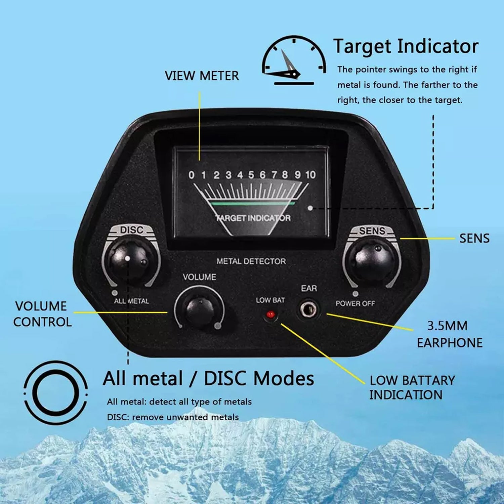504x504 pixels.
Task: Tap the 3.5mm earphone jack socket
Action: (x=308, y=310)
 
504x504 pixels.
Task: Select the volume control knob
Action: (x=200, y=308)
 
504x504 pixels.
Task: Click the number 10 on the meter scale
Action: (x=310, y=175)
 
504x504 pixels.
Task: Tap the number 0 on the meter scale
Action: (x=191, y=175)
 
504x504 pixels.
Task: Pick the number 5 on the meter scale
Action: (x=251, y=175)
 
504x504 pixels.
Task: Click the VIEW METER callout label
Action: (x=202, y=76)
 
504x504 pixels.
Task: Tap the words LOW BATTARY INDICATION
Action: (x=412, y=387)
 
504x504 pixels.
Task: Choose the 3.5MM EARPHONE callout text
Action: (x=450, y=334)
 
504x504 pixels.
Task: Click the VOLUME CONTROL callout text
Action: (x=42, y=314)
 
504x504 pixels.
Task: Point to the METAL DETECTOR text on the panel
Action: (x=251, y=261)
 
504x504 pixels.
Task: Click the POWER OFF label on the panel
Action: (x=355, y=303)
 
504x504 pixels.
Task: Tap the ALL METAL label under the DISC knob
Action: (x=131, y=301)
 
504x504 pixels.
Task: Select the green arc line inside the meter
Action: (x=251, y=203)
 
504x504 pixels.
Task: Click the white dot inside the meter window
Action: (x=310, y=208)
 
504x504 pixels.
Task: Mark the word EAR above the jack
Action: (x=309, y=288)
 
